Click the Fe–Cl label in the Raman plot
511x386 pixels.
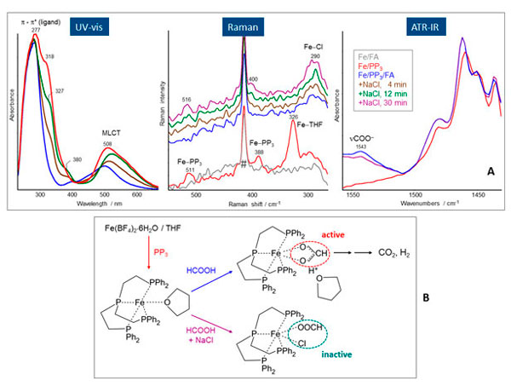[312, 45]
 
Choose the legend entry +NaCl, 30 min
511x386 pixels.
[382, 90]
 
